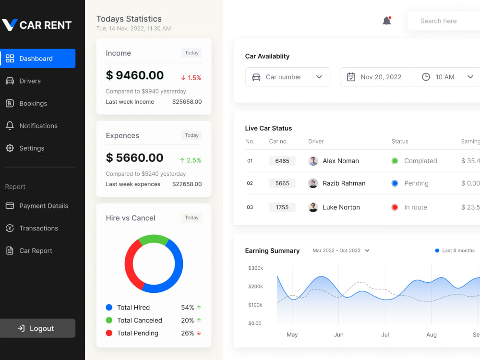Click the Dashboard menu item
(37, 59)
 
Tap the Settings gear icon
(10, 148)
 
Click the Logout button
(37, 328)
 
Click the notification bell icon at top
(387, 21)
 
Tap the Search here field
(444, 21)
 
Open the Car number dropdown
(288, 77)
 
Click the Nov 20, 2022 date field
(377, 77)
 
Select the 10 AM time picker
(447, 77)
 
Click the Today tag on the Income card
(192, 53)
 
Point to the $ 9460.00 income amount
(135, 75)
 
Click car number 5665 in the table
(282, 183)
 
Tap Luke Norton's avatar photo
(313, 207)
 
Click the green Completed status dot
(395, 161)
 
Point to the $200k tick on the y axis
(256, 286)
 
